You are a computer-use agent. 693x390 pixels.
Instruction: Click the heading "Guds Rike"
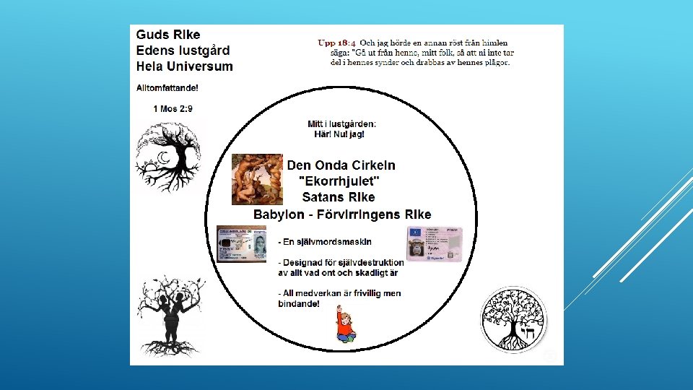(168, 35)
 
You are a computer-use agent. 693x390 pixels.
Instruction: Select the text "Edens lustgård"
(183, 51)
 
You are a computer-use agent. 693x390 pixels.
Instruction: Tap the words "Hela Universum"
(185, 66)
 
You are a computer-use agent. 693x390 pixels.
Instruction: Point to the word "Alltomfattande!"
(167, 88)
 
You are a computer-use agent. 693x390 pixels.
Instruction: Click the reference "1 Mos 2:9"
(173, 108)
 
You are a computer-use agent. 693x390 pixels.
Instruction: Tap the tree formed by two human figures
(171, 307)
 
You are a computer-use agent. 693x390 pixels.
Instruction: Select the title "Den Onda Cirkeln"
(341, 165)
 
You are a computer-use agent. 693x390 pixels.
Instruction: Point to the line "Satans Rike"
(339, 197)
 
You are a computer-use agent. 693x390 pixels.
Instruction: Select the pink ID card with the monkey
(434, 243)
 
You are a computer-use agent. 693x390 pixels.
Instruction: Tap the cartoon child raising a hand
(345, 324)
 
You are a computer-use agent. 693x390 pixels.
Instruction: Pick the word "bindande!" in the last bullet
(298, 303)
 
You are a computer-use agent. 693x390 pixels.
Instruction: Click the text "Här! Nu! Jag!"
(339, 134)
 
